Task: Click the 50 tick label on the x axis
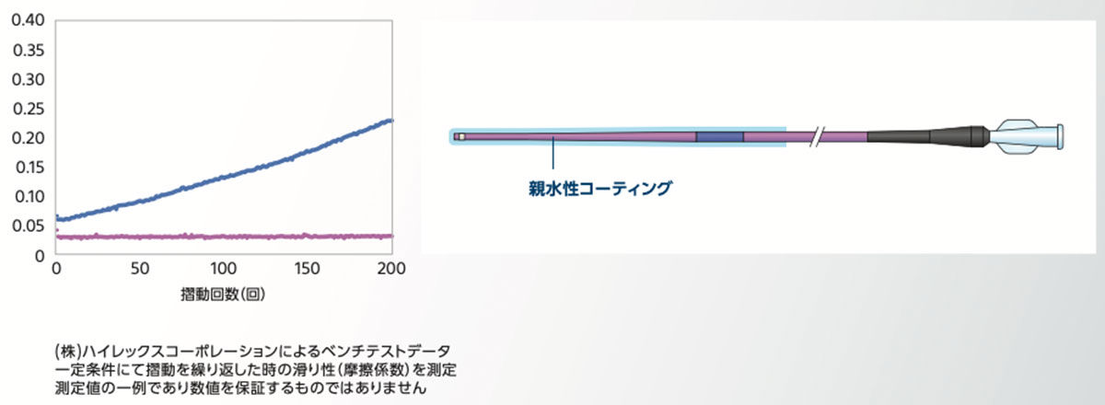140,269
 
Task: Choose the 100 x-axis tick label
224,269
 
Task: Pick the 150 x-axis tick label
308,269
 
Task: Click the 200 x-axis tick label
391,269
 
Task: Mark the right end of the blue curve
391,121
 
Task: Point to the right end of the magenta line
391,237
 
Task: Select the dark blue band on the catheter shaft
719,137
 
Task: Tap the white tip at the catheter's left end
460,137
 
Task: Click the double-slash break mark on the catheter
818,136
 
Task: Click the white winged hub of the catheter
1027,136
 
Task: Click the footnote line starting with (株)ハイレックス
253,352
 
